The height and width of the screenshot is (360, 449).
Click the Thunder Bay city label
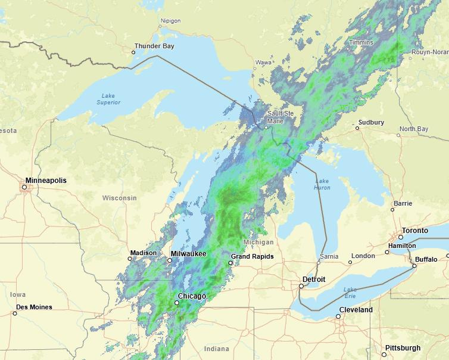pyautogui.click(x=154, y=46)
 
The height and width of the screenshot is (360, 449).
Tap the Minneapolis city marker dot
pyautogui.click(x=24, y=187)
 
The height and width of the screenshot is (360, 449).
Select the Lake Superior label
pyautogui.click(x=108, y=99)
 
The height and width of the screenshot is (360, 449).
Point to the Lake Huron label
pyautogui.click(x=322, y=184)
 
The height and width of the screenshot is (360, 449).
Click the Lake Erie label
pyautogui.click(x=350, y=293)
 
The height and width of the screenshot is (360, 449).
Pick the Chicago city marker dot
pyautogui.click(x=176, y=303)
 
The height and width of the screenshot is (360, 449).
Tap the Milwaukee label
pyautogui.click(x=188, y=254)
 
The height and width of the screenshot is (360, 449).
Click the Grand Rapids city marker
pyautogui.click(x=231, y=263)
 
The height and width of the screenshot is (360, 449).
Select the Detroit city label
pyautogui.click(x=314, y=279)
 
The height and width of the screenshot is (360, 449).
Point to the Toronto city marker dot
pyautogui.click(x=400, y=237)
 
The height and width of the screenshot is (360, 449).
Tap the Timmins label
pyautogui.click(x=361, y=42)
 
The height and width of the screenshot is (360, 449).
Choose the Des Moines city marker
pyautogui.click(x=15, y=314)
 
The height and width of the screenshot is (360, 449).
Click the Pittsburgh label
pyautogui.click(x=403, y=348)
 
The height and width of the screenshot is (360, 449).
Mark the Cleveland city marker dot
pyautogui.click(x=338, y=316)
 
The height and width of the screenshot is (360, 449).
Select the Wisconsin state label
pyautogui.click(x=119, y=198)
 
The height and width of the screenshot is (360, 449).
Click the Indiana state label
pyautogui.click(x=216, y=349)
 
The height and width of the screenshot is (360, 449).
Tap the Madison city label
pyautogui.click(x=143, y=253)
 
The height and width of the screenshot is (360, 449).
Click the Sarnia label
pyautogui.click(x=329, y=256)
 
